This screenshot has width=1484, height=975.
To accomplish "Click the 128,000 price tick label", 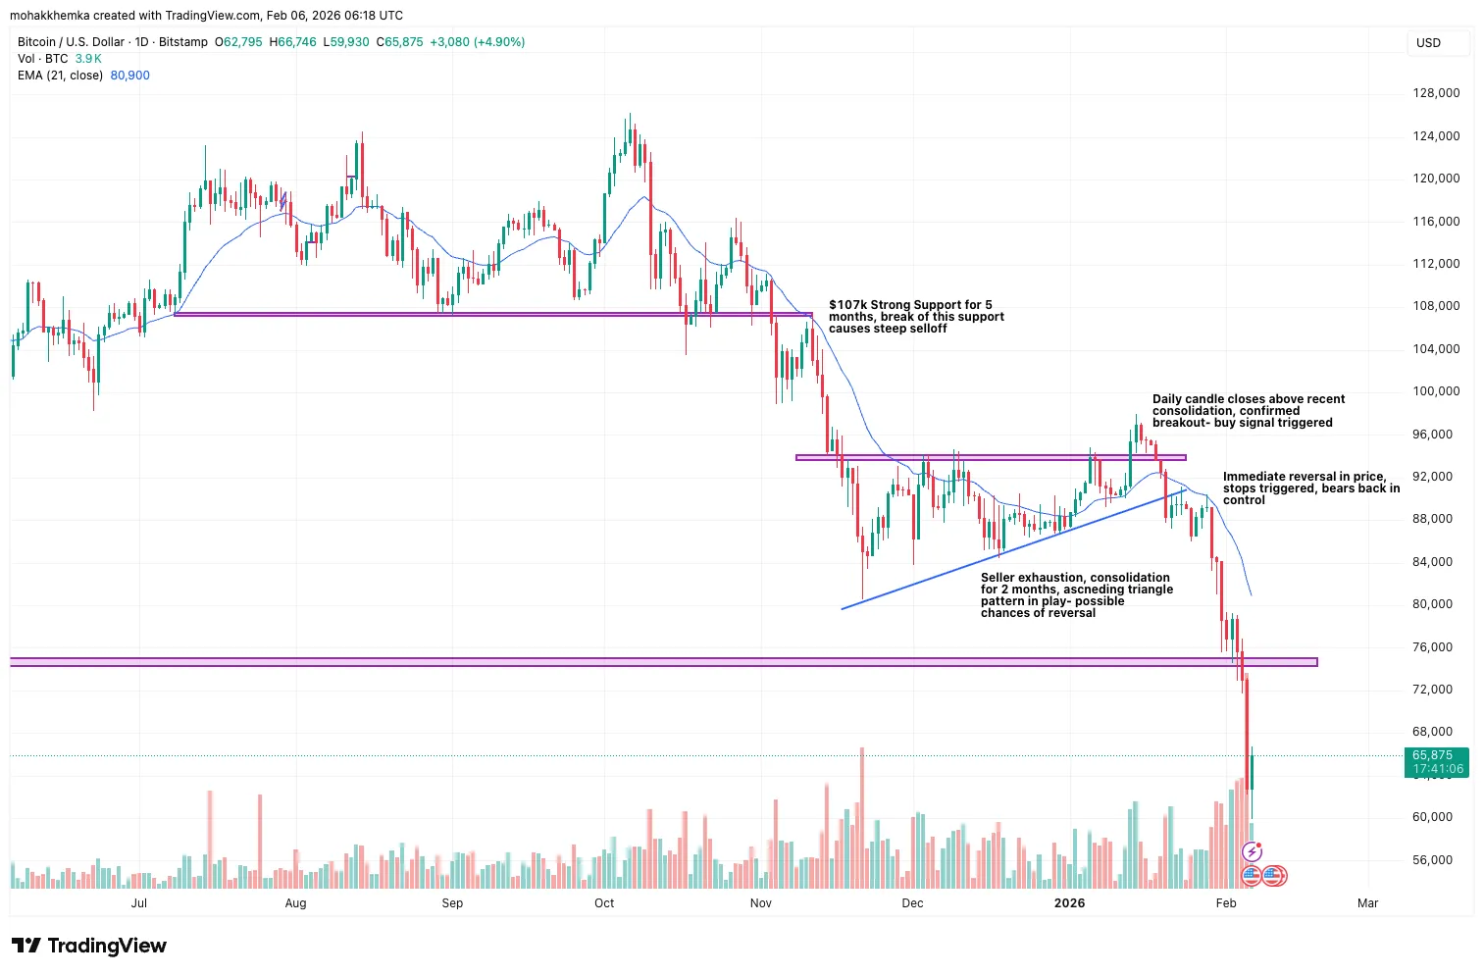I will [x=1436, y=93].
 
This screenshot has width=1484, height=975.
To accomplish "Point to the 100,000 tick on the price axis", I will [x=1436, y=391].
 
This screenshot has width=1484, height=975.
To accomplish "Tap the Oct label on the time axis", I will [x=604, y=903].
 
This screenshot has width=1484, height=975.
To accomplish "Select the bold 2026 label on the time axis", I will [x=1069, y=903].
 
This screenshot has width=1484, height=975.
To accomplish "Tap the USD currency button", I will [x=1429, y=43].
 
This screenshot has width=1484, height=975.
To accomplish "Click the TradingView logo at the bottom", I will [x=89, y=946].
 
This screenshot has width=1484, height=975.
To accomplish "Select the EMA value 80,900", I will [x=129, y=76].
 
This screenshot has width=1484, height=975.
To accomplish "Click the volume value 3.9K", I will [x=88, y=59].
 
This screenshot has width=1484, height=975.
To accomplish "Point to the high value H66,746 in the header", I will [x=293, y=42].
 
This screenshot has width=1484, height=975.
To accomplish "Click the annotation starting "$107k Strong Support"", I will [x=916, y=317].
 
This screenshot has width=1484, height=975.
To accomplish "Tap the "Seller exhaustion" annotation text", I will [x=1076, y=595].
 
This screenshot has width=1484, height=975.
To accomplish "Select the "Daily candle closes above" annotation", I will [x=1248, y=411].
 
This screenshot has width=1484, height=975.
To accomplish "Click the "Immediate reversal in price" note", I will [x=1310, y=488].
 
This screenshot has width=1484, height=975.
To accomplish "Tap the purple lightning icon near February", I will [x=1252, y=851].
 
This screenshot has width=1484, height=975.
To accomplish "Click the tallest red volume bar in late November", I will [x=862, y=818].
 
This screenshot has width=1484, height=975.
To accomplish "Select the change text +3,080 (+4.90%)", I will [x=477, y=42].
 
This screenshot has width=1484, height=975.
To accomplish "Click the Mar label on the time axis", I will [x=1367, y=903].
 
